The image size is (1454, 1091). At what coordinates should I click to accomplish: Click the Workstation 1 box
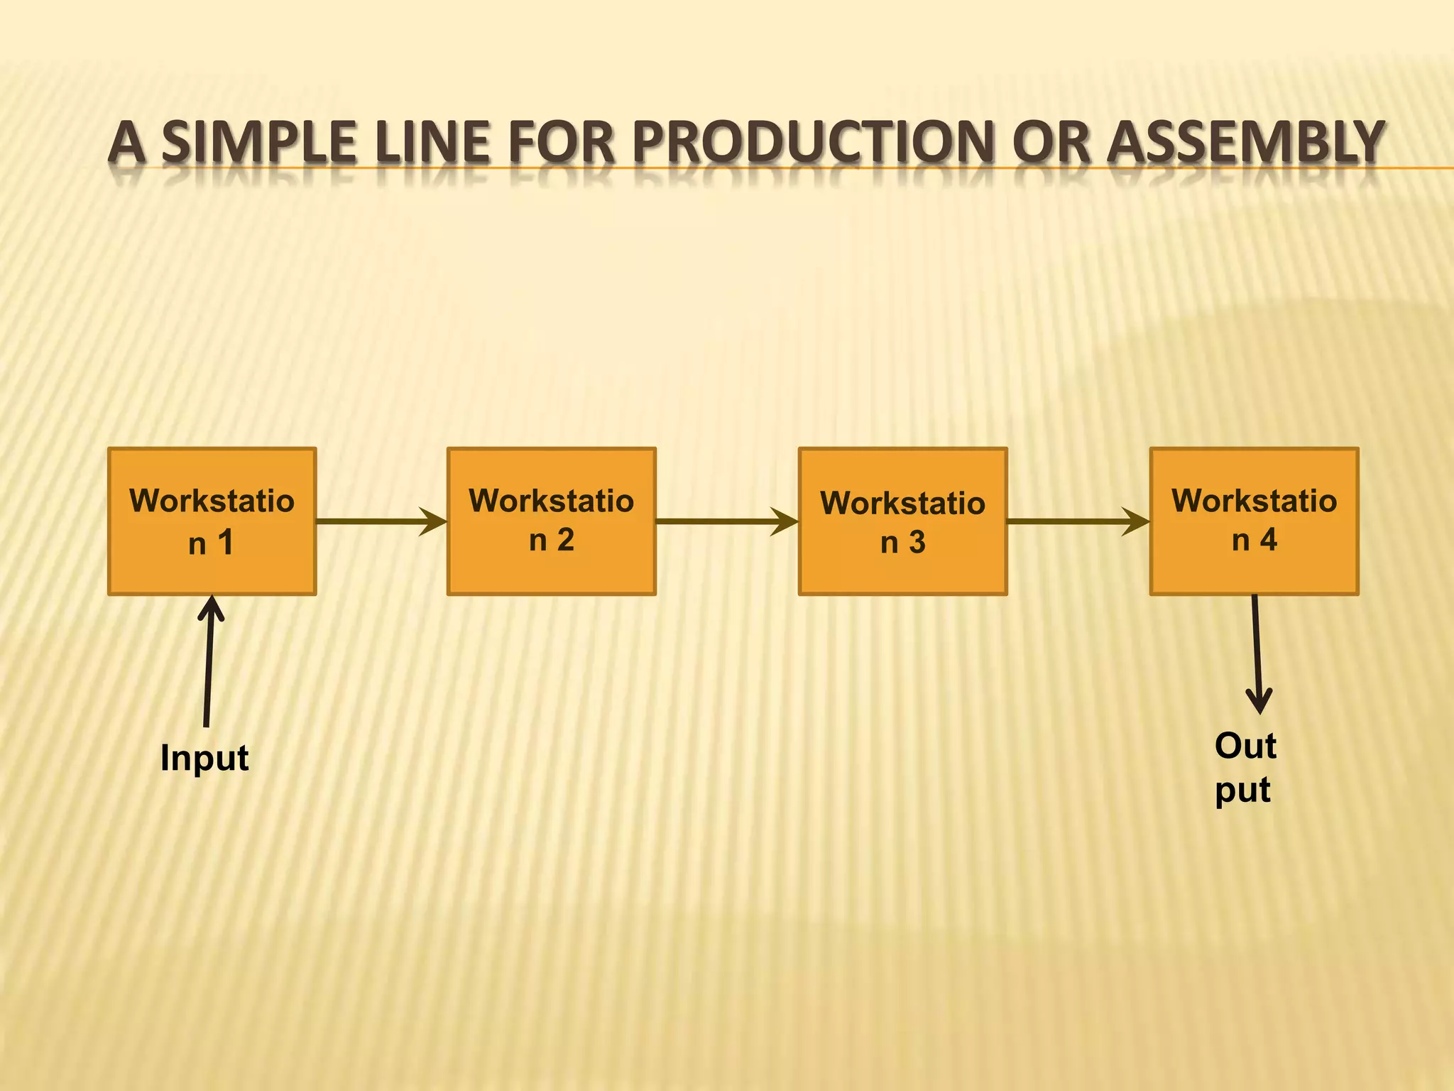click(x=212, y=521)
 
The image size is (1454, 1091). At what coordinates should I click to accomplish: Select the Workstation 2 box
click(x=551, y=521)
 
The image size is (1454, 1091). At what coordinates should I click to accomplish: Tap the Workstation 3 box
click(x=902, y=521)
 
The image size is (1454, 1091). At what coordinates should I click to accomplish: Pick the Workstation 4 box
click(x=1254, y=521)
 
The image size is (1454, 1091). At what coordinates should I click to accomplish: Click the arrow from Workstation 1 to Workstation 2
click(x=381, y=521)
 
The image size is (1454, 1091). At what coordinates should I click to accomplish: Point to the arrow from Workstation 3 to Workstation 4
click(x=1077, y=521)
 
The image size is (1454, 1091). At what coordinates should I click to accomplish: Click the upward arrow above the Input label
click(x=209, y=661)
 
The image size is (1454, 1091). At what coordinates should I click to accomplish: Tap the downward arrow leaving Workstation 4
click(x=1257, y=653)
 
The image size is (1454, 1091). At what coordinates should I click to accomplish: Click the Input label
click(x=204, y=758)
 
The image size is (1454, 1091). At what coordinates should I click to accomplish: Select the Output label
click(x=1245, y=768)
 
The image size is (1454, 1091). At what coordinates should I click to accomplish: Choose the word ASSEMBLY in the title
click(x=1246, y=142)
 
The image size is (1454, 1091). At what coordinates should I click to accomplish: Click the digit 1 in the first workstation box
click(x=226, y=543)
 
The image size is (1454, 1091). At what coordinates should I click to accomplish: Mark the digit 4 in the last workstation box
click(x=1269, y=540)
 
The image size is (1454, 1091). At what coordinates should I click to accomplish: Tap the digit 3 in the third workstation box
click(x=917, y=543)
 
